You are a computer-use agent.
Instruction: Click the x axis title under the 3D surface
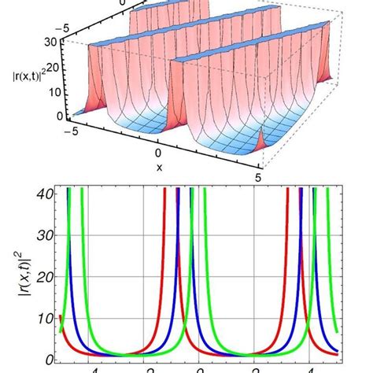click(x=159, y=167)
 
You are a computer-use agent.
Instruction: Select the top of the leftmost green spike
click(x=80, y=190)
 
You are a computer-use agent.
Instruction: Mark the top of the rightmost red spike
click(x=301, y=190)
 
